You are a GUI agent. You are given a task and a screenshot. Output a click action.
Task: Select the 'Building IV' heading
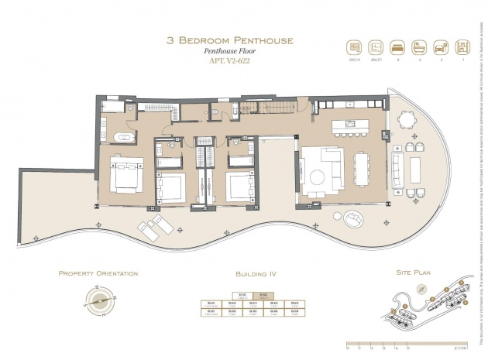(256, 274)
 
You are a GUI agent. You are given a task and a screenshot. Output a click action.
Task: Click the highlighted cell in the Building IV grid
(264, 295)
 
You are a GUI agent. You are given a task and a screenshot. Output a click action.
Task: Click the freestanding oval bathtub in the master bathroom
(123, 138)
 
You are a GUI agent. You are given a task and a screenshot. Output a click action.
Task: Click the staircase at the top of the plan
(267, 109)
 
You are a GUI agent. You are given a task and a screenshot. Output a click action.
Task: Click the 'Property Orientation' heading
(98, 274)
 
